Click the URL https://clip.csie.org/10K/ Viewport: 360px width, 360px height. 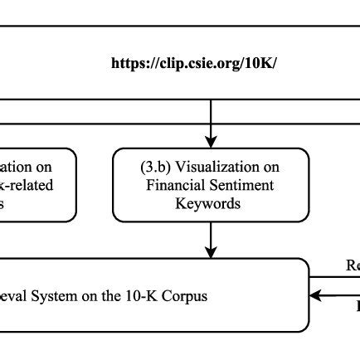[193, 63]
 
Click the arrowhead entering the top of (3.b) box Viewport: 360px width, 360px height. [211, 140]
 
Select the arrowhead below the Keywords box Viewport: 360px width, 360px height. [211, 250]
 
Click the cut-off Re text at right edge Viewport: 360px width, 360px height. [353, 265]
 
